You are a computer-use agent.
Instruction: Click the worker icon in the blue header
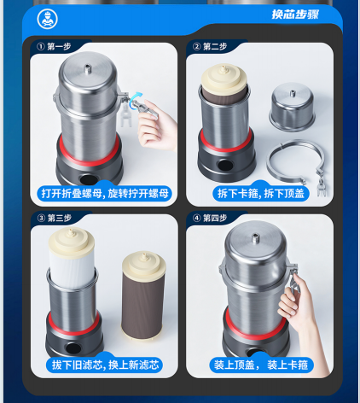[x=47, y=19]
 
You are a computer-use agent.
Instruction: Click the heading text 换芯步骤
[x=295, y=15]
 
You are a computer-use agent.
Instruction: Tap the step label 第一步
[x=59, y=46]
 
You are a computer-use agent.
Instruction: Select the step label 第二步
[x=215, y=46]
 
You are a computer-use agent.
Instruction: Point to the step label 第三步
[x=59, y=218]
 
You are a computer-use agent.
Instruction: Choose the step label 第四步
[x=215, y=218]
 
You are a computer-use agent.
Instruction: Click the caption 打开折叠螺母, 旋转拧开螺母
[x=105, y=194]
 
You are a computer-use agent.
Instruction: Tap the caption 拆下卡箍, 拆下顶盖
[x=261, y=194]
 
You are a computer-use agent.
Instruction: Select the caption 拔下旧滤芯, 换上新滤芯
[x=105, y=365]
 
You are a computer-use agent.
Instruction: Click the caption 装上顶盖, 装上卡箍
[x=261, y=365]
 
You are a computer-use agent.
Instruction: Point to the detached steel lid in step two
[x=292, y=107]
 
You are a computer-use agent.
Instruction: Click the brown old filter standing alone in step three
[x=143, y=295]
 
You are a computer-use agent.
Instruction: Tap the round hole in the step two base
[x=225, y=166]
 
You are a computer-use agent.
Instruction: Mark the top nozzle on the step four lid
[x=255, y=238]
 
